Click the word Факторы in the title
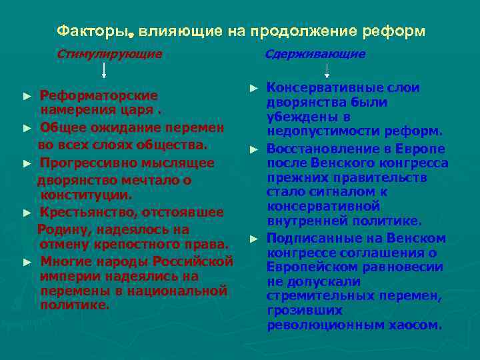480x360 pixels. (x=83, y=31)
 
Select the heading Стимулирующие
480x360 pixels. (x=109, y=54)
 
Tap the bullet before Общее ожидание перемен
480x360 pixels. (x=27, y=127)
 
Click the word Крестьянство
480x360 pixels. (x=85, y=213)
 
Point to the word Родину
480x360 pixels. (x=61, y=229)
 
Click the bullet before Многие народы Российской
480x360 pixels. (x=27, y=261)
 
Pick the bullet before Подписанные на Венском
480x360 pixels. (x=253, y=239)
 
